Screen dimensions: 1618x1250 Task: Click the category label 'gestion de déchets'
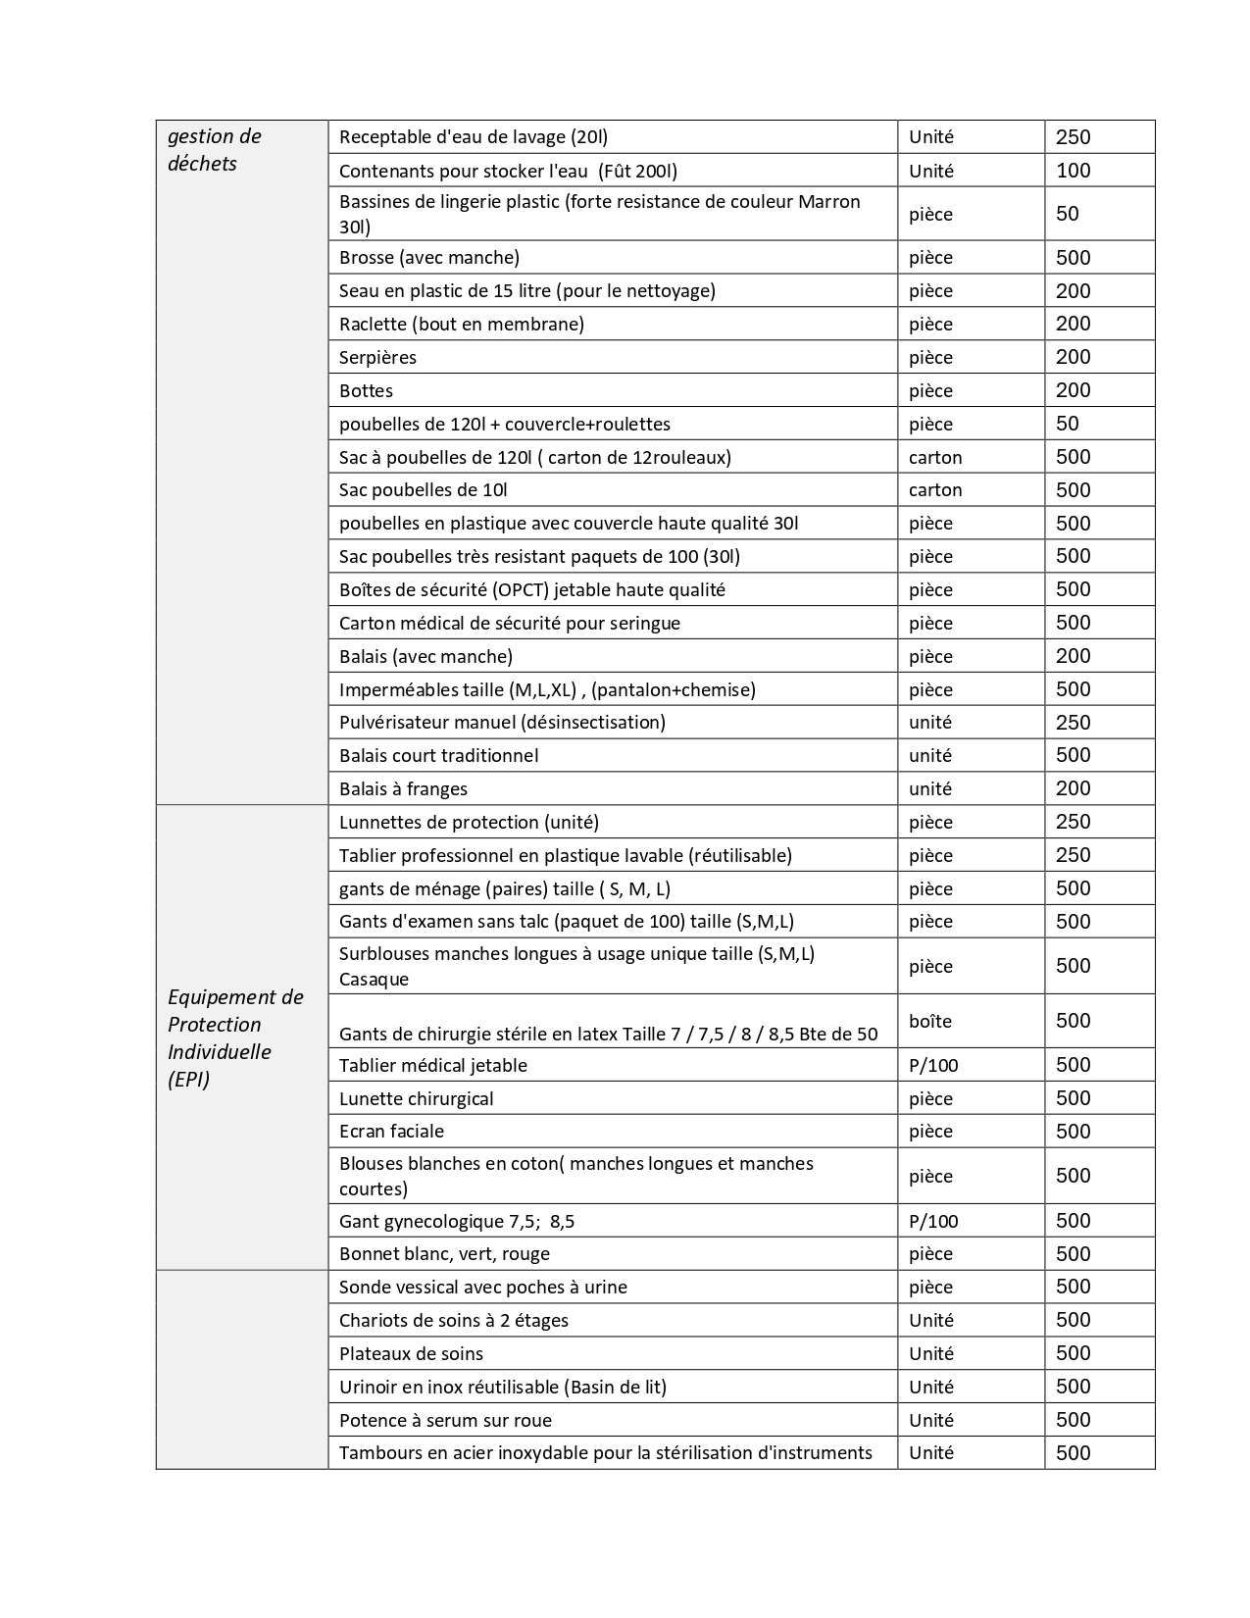pos(215,150)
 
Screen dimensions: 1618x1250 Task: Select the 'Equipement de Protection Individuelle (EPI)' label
pos(235,1037)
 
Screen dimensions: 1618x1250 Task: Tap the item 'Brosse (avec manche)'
pos(429,258)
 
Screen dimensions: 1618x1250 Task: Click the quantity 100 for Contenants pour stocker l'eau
pos(1073,171)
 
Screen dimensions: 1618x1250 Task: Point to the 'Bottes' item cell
pos(366,390)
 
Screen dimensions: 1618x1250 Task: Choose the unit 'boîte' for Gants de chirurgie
pos(929,1021)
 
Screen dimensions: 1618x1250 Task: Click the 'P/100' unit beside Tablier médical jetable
pos(933,1065)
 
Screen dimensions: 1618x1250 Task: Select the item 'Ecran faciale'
pos(391,1131)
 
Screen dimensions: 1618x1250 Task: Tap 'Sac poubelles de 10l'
pos(423,489)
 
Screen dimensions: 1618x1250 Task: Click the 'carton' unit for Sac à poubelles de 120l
pos(935,457)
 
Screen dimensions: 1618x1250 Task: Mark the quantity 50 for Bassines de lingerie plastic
pos(1067,214)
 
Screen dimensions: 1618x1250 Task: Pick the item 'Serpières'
pos(377,357)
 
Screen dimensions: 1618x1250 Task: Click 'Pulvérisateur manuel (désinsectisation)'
pos(502,722)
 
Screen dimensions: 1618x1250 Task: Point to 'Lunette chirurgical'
pos(416,1098)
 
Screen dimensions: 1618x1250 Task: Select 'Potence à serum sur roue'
pos(445,1420)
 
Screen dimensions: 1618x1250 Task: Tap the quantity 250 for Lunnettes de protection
pos(1073,822)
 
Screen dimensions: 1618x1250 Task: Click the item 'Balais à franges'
pos(403,788)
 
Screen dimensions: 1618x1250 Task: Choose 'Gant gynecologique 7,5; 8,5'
pos(457,1221)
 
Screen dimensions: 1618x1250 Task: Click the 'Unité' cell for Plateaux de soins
pos(930,1353)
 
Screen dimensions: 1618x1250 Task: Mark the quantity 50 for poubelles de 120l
pos(1067,424)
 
